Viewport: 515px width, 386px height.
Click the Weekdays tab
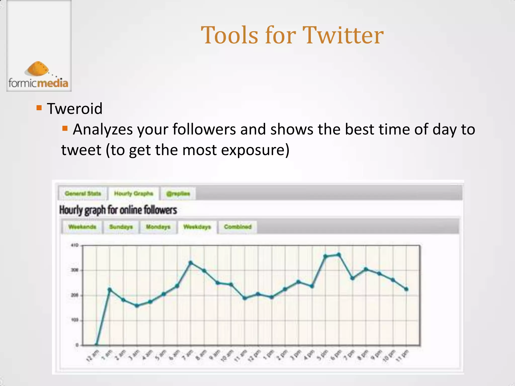coord(197,227)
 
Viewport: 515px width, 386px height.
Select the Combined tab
coord(238,227)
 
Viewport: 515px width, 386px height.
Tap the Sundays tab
coord(121,227)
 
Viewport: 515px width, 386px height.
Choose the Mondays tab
coord(158,227)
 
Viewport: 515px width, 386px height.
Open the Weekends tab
coord(82,227)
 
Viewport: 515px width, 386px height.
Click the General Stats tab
coord(83,194)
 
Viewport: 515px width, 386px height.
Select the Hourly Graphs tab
coord(134,194)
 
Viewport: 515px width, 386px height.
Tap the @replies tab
coord(178,194)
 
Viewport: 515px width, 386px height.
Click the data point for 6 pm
coord(339,255)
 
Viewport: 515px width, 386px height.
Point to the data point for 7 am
coord(191,263)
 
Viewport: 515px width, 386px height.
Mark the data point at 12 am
coord(96,345)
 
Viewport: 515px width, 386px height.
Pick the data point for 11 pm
coord(406,289)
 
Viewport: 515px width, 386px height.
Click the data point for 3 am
coord(137,306)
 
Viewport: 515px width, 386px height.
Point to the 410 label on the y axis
coord(75,245)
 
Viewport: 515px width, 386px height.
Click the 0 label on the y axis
coord(77,345)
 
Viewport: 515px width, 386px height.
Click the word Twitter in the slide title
coord(343,35)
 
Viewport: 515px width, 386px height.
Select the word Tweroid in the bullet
coord(75,109)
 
